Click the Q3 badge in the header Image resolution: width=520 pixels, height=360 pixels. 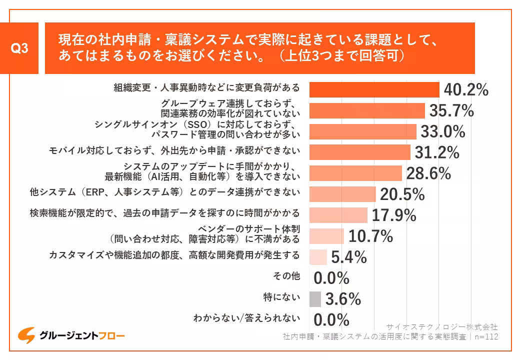[x=19, y=48]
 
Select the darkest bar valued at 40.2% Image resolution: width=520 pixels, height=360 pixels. [x=374, y=89]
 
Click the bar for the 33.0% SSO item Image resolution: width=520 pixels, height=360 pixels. [x=362, y=131]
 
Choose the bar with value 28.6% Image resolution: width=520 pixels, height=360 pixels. [x=355, y=173]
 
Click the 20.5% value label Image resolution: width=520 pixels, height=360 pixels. [x=402, y=194]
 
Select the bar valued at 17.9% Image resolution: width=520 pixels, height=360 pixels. [x=338, y=215]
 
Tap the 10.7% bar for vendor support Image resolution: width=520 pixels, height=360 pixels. [x=326, y=236]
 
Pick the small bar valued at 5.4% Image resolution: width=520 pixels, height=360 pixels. [x=318, y=257]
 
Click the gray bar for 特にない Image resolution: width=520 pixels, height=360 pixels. [x=315, y=299]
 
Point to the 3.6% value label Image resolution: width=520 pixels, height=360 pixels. [x=343, y=299]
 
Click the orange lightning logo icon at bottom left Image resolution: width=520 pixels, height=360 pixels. [x=26, y=334]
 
